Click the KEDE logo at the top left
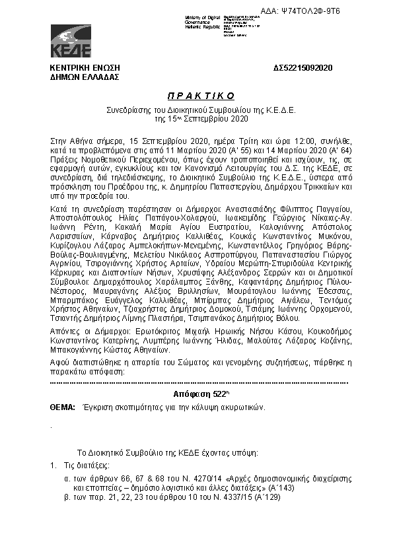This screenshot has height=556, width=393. (71, 40)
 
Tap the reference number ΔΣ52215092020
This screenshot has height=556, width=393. (303, 69)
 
